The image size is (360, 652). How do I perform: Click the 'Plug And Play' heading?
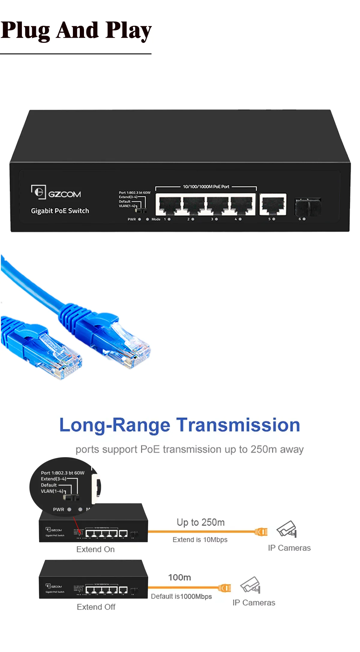tap(76, 31)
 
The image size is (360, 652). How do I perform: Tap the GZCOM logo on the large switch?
tap(56, 193)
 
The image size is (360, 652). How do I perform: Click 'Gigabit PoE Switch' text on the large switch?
tap(60, 211)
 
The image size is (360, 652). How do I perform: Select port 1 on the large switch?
tap(169, 204)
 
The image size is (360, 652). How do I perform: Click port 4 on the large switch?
tap(241, 204)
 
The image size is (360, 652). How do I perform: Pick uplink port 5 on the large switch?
tap(273, 204)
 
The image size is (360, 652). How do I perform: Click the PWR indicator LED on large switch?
tap(139, 219)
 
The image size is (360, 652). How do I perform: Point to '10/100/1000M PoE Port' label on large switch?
tap(206, 186)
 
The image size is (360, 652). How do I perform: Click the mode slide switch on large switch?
tap(141, 211)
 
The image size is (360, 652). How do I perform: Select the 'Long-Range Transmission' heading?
tap(180, 425)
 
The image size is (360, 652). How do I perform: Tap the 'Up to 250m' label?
tap(200, 522)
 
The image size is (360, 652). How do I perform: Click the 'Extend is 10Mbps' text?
tap(200, 540)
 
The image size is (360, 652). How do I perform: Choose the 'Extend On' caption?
tap(95, 549)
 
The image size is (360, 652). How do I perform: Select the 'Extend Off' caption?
tap(96, 607)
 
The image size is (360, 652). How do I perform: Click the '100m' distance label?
tap(179, 578)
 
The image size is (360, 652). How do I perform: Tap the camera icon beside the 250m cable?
tap(286, 529)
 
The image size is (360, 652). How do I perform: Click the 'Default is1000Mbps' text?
tap(181, 596)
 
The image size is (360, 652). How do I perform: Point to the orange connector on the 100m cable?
tap(225, 588)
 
